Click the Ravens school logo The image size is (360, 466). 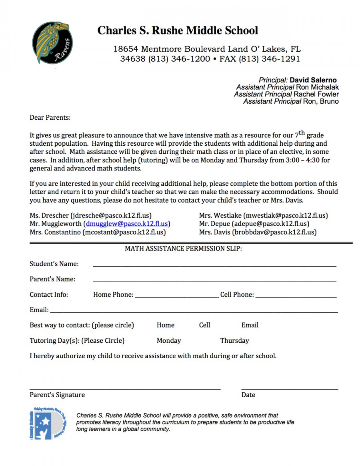tap(52, 43)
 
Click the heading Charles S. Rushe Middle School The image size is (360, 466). tap(178, 30)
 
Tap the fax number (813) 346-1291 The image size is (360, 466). tap(269, 59)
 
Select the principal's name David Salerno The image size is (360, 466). tap(313, 80)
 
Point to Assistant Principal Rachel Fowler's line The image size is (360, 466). tap(286, 94)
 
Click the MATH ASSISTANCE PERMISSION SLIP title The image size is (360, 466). tap(183, 249)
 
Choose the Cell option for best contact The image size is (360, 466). tap(204, 325)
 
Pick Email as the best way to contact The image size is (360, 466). tap(250, 325)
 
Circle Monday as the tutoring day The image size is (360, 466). tap(169, 341)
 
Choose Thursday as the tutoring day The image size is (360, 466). tap(234, 341)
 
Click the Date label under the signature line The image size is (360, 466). tap(248, 395)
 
